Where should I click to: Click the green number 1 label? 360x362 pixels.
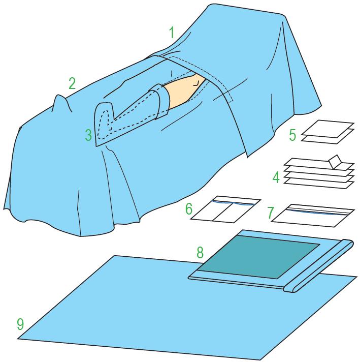pyautogui.click(x=172, y=33)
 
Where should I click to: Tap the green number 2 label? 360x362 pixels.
pyautogui.click(x=72, y=83)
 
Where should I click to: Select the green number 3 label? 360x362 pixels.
pyautogui.click(x=88, y=135)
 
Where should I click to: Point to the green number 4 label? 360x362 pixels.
pyautogui.click(x=276, y=177)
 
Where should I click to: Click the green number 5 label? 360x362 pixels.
pyautogui.click(x=292, y=135)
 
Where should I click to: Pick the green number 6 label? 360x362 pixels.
pyautogui.click(x=189, y=209)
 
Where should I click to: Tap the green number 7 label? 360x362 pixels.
pyautogui.click(x=271, y=213)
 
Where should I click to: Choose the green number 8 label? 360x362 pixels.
pyautogui.click(x=200, y=252)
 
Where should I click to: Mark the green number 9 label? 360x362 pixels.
pyautogui.click(x=20, y=324)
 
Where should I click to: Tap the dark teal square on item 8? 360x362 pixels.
pyautogui.click(x=259, y=257)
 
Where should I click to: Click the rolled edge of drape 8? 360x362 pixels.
pyautogui.click(x=318, y=265)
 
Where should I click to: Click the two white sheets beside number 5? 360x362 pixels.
pyautogui.click(x=328, y=132)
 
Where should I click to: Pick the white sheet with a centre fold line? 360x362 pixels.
pyautogui.click(x=225, y=209)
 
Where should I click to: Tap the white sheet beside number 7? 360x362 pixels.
pyautogui.click(x=313, y=216)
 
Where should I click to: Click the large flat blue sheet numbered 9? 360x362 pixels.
pyautogui.click(x=161, y=312)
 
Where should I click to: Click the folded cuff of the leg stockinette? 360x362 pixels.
pyautogui.click(x=161, y=102)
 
